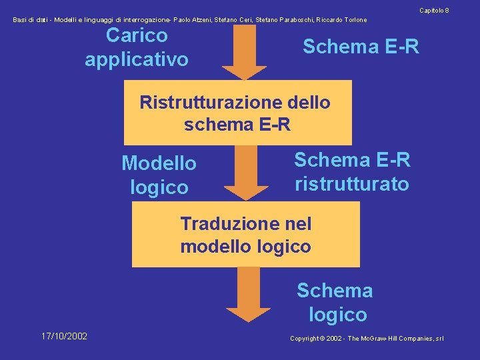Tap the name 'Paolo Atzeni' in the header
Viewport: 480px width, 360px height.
pyautogui.click(x=194, y=20)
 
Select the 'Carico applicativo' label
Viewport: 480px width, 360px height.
pyautogui.click(x=137, y=47)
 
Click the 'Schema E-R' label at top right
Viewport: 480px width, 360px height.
pyautogui.click(x=361, y=47)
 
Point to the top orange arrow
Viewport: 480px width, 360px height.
pyautogui.click(x=243, y=53)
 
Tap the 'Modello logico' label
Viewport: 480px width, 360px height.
pyautogui.click(x=159, y=175)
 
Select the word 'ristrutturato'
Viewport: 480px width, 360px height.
pyautogui.click(x=351, y=184)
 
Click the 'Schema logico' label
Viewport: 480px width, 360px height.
pyautogui.click(x=335, y=302)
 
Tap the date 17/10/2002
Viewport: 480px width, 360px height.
pyautogui.click(x=63, y=336)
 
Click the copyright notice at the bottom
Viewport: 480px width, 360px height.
pyautogui.click(x=367, y=339)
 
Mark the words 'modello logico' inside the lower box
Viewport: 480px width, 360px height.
pyautogui.click(x=245, y=246)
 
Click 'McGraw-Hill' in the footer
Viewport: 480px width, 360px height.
pyautogui.click(x=389, y=339)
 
